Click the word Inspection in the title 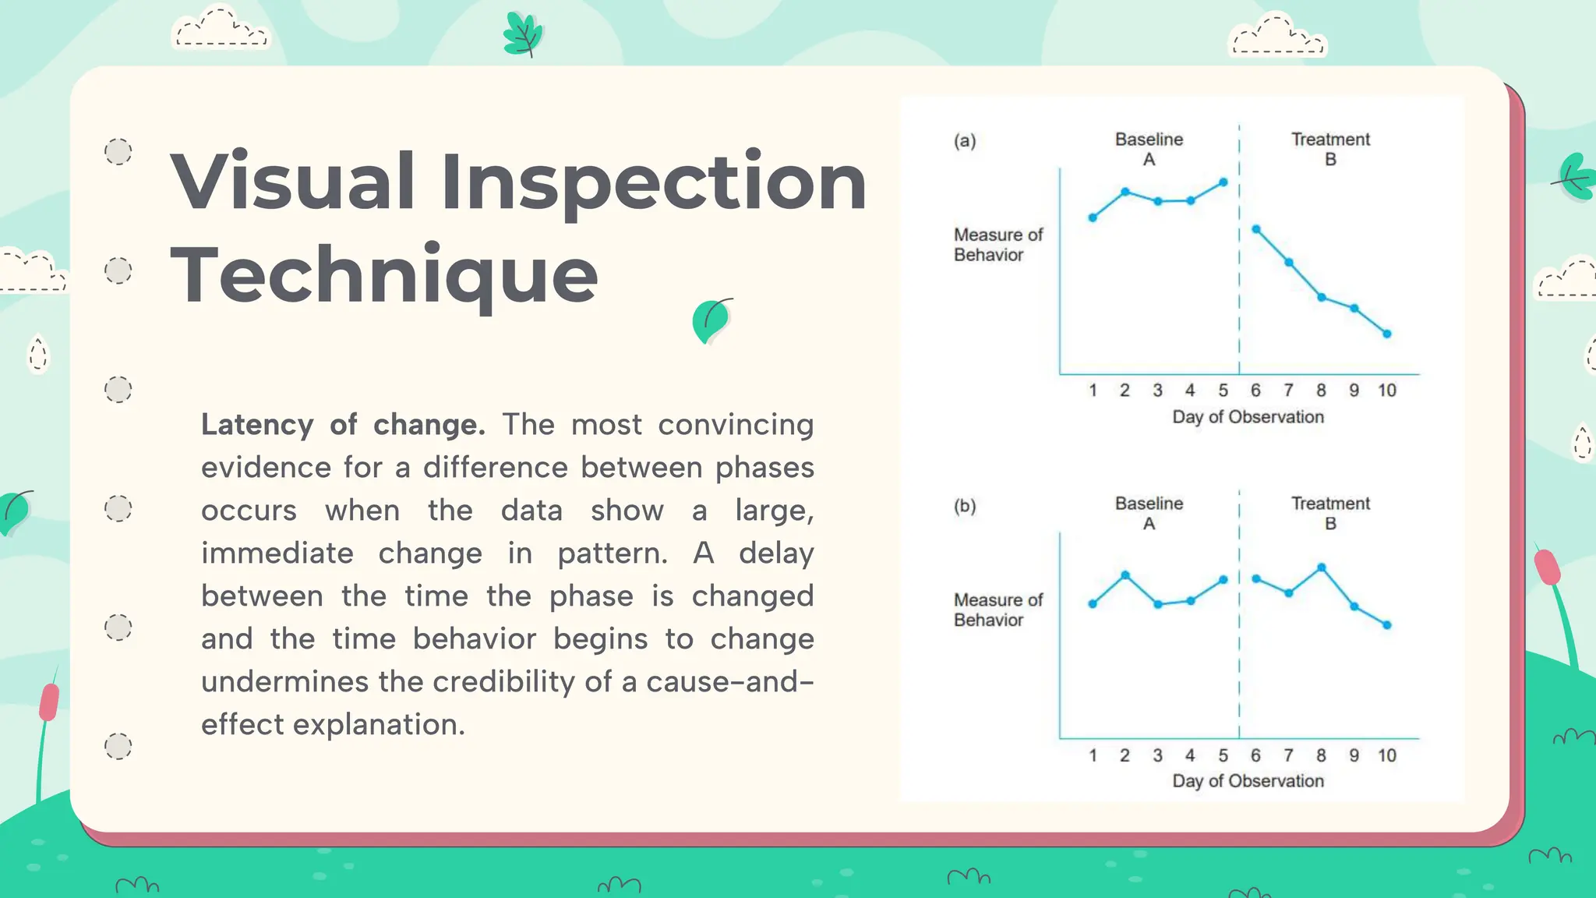pyautogui.click(x=653, y=183)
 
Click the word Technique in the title pyautogui.click(x=384, y=275)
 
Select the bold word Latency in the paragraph pyautogui.click(x=257, y=425)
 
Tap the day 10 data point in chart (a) pyautogui.click(x=1387, y=334)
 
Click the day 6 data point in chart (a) pyautogui.click(x=1255, y=229)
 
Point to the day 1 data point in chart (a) pyautogui.click(x=1093, y=218)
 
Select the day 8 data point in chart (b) pyautogui.click(x=1321, y=567)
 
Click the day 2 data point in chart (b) pyautogui.click(x=1125, y=575)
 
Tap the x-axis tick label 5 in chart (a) pyautogui.click(x=1223, y=391)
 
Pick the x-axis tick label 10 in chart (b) pyautogui.click(x=1386, y=755)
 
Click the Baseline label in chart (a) pyautogui.click(x=1149, y=140)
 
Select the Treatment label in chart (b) pyautogui.click(x=1330, y=504)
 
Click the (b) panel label pyautogui.click(x=965, y=506)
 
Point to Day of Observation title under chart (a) pyautogui.click(x=1248, y=417)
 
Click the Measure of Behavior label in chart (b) pyautogui.click(x=997, y=610)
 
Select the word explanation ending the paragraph pyautogui.click(x=379, y=725)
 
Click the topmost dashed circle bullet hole pyautogui.click(x=118, y=151)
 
